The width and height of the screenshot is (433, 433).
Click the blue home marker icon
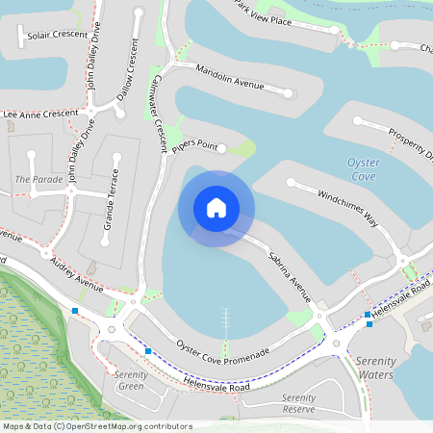(x=216, y=208)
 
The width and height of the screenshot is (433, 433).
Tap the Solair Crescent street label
(x=59, y=35)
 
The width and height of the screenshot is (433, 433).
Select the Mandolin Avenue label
(x=229, y=78)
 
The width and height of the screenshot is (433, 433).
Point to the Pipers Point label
(x=195, y=143)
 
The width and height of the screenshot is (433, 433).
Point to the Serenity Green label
(x=129, y=380)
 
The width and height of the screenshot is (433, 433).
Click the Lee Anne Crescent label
(x=39, y=114)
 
